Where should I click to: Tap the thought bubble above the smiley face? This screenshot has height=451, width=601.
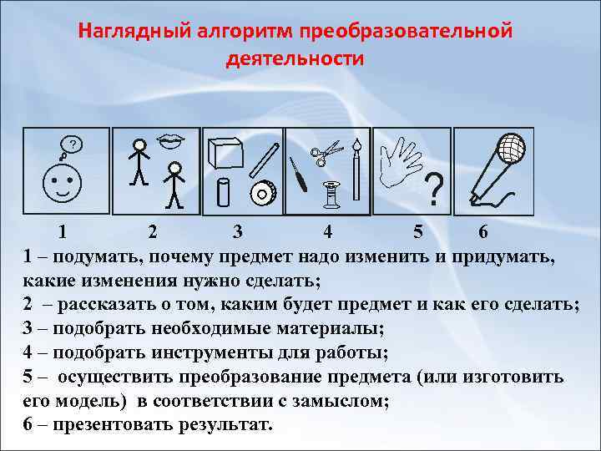pyautogui.click(x=73, y=145)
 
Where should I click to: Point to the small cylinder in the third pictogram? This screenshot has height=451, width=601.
pyautogui.click(x=223, y=192)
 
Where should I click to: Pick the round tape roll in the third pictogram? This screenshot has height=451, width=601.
pyautogui.click(x=264, y=194)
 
